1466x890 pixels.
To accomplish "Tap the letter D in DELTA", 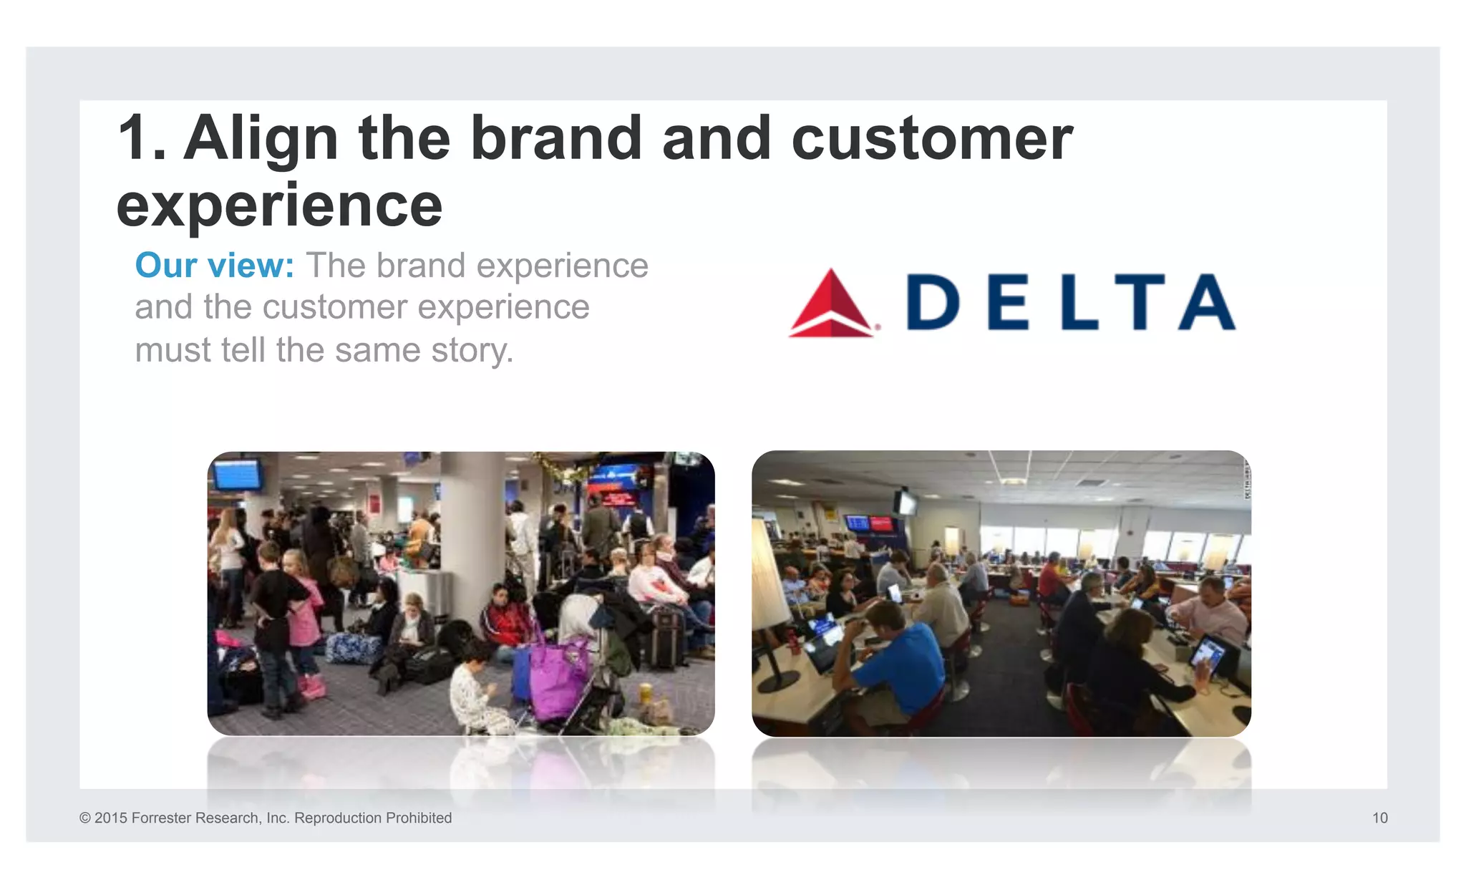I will tap(933, 301).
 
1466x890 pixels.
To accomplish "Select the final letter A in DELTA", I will tap(1207, 301).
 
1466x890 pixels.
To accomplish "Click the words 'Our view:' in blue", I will tap(214, 266).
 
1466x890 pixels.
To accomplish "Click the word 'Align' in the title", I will tap(261, 137).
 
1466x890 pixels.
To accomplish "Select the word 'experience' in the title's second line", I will tap(279, 205).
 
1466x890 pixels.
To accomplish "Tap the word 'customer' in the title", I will tap(932, 137).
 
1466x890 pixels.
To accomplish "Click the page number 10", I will tap(1379, 818).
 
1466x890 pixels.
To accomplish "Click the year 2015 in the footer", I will tap(110, 818).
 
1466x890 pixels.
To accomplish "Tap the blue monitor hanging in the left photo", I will tap(237, 474).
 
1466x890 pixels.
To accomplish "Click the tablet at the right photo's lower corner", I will tap(1208, 655).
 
